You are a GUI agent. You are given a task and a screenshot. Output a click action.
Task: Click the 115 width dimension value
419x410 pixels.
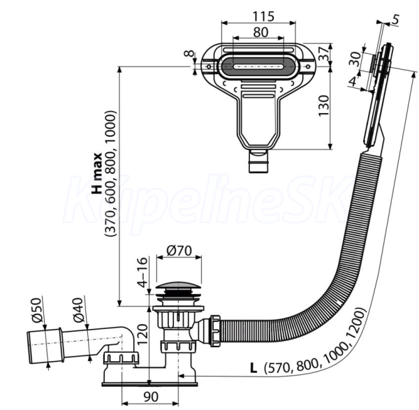pyautogui.click(x=263, y=16)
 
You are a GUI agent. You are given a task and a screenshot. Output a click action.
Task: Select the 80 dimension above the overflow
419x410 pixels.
pyautogui.click(x=260, y=32)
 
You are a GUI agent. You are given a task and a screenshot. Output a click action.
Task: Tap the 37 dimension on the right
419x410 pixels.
pyautogui.click(x=323, y=54)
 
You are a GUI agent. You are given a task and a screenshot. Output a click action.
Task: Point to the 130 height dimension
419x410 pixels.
pyautogui.click(x=323, y=105)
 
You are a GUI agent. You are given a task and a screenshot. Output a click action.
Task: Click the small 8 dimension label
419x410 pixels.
pyautogui.click(x=189, y=54)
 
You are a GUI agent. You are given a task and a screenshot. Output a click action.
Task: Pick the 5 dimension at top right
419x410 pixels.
pyautogui.click(x=396, y=20)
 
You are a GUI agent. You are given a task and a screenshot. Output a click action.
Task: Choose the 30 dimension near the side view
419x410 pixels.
pyautogui.click(x=355, y=59)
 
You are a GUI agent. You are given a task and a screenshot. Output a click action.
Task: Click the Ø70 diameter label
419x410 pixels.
pyautogui.click(x=179, y=251)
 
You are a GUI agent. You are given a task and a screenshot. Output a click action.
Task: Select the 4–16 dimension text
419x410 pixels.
pyautogui.click(x=143, y=272)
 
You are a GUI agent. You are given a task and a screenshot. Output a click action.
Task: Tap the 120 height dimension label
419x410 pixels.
pyautogui.click(x=143, y=335)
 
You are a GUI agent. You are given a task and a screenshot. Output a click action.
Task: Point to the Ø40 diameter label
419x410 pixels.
pyautogui.click(x=78, y=310)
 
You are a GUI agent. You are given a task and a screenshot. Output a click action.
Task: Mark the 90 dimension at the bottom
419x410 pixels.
pyautogui.click(x=151, y=397)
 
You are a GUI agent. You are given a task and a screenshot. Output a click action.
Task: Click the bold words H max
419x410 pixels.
pyautogui.click(x=97, y=173)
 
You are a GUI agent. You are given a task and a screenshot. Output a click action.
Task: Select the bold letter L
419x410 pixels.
pyautogui.click(x=253, y=369)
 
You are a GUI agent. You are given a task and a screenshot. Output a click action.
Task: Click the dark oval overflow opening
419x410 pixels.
pyautogui.click(x=258, y=66)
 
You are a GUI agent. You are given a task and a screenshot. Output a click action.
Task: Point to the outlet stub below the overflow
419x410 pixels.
pyautogui.click(x=258, y=162)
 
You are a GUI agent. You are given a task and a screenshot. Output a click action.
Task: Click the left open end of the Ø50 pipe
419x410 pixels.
pyautogui.click(x=29, y=348)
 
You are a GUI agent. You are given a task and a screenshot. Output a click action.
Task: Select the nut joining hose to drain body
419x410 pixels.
pyautogui.click(x=215, y=331)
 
